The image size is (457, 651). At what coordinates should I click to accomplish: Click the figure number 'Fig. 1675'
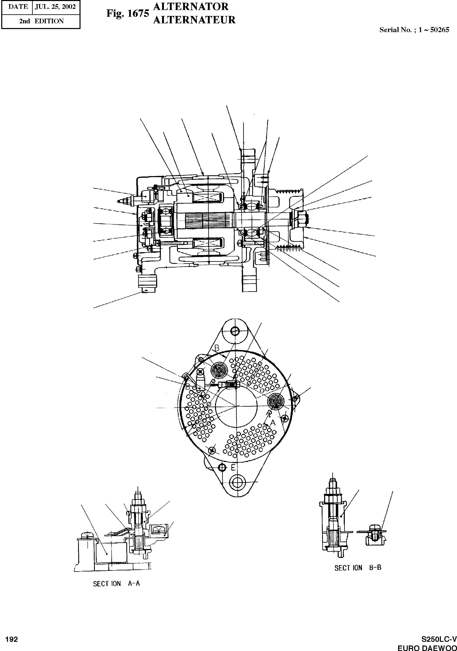click(128, 13)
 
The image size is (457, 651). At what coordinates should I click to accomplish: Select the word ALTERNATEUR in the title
click(194, 20)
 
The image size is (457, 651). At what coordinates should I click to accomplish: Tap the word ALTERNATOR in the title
click(191, 7)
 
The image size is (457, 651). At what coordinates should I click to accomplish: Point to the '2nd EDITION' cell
click(41, 21)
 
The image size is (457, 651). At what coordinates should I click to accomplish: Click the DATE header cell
click(18, 7)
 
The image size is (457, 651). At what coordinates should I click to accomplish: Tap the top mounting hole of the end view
click(235, 330)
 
